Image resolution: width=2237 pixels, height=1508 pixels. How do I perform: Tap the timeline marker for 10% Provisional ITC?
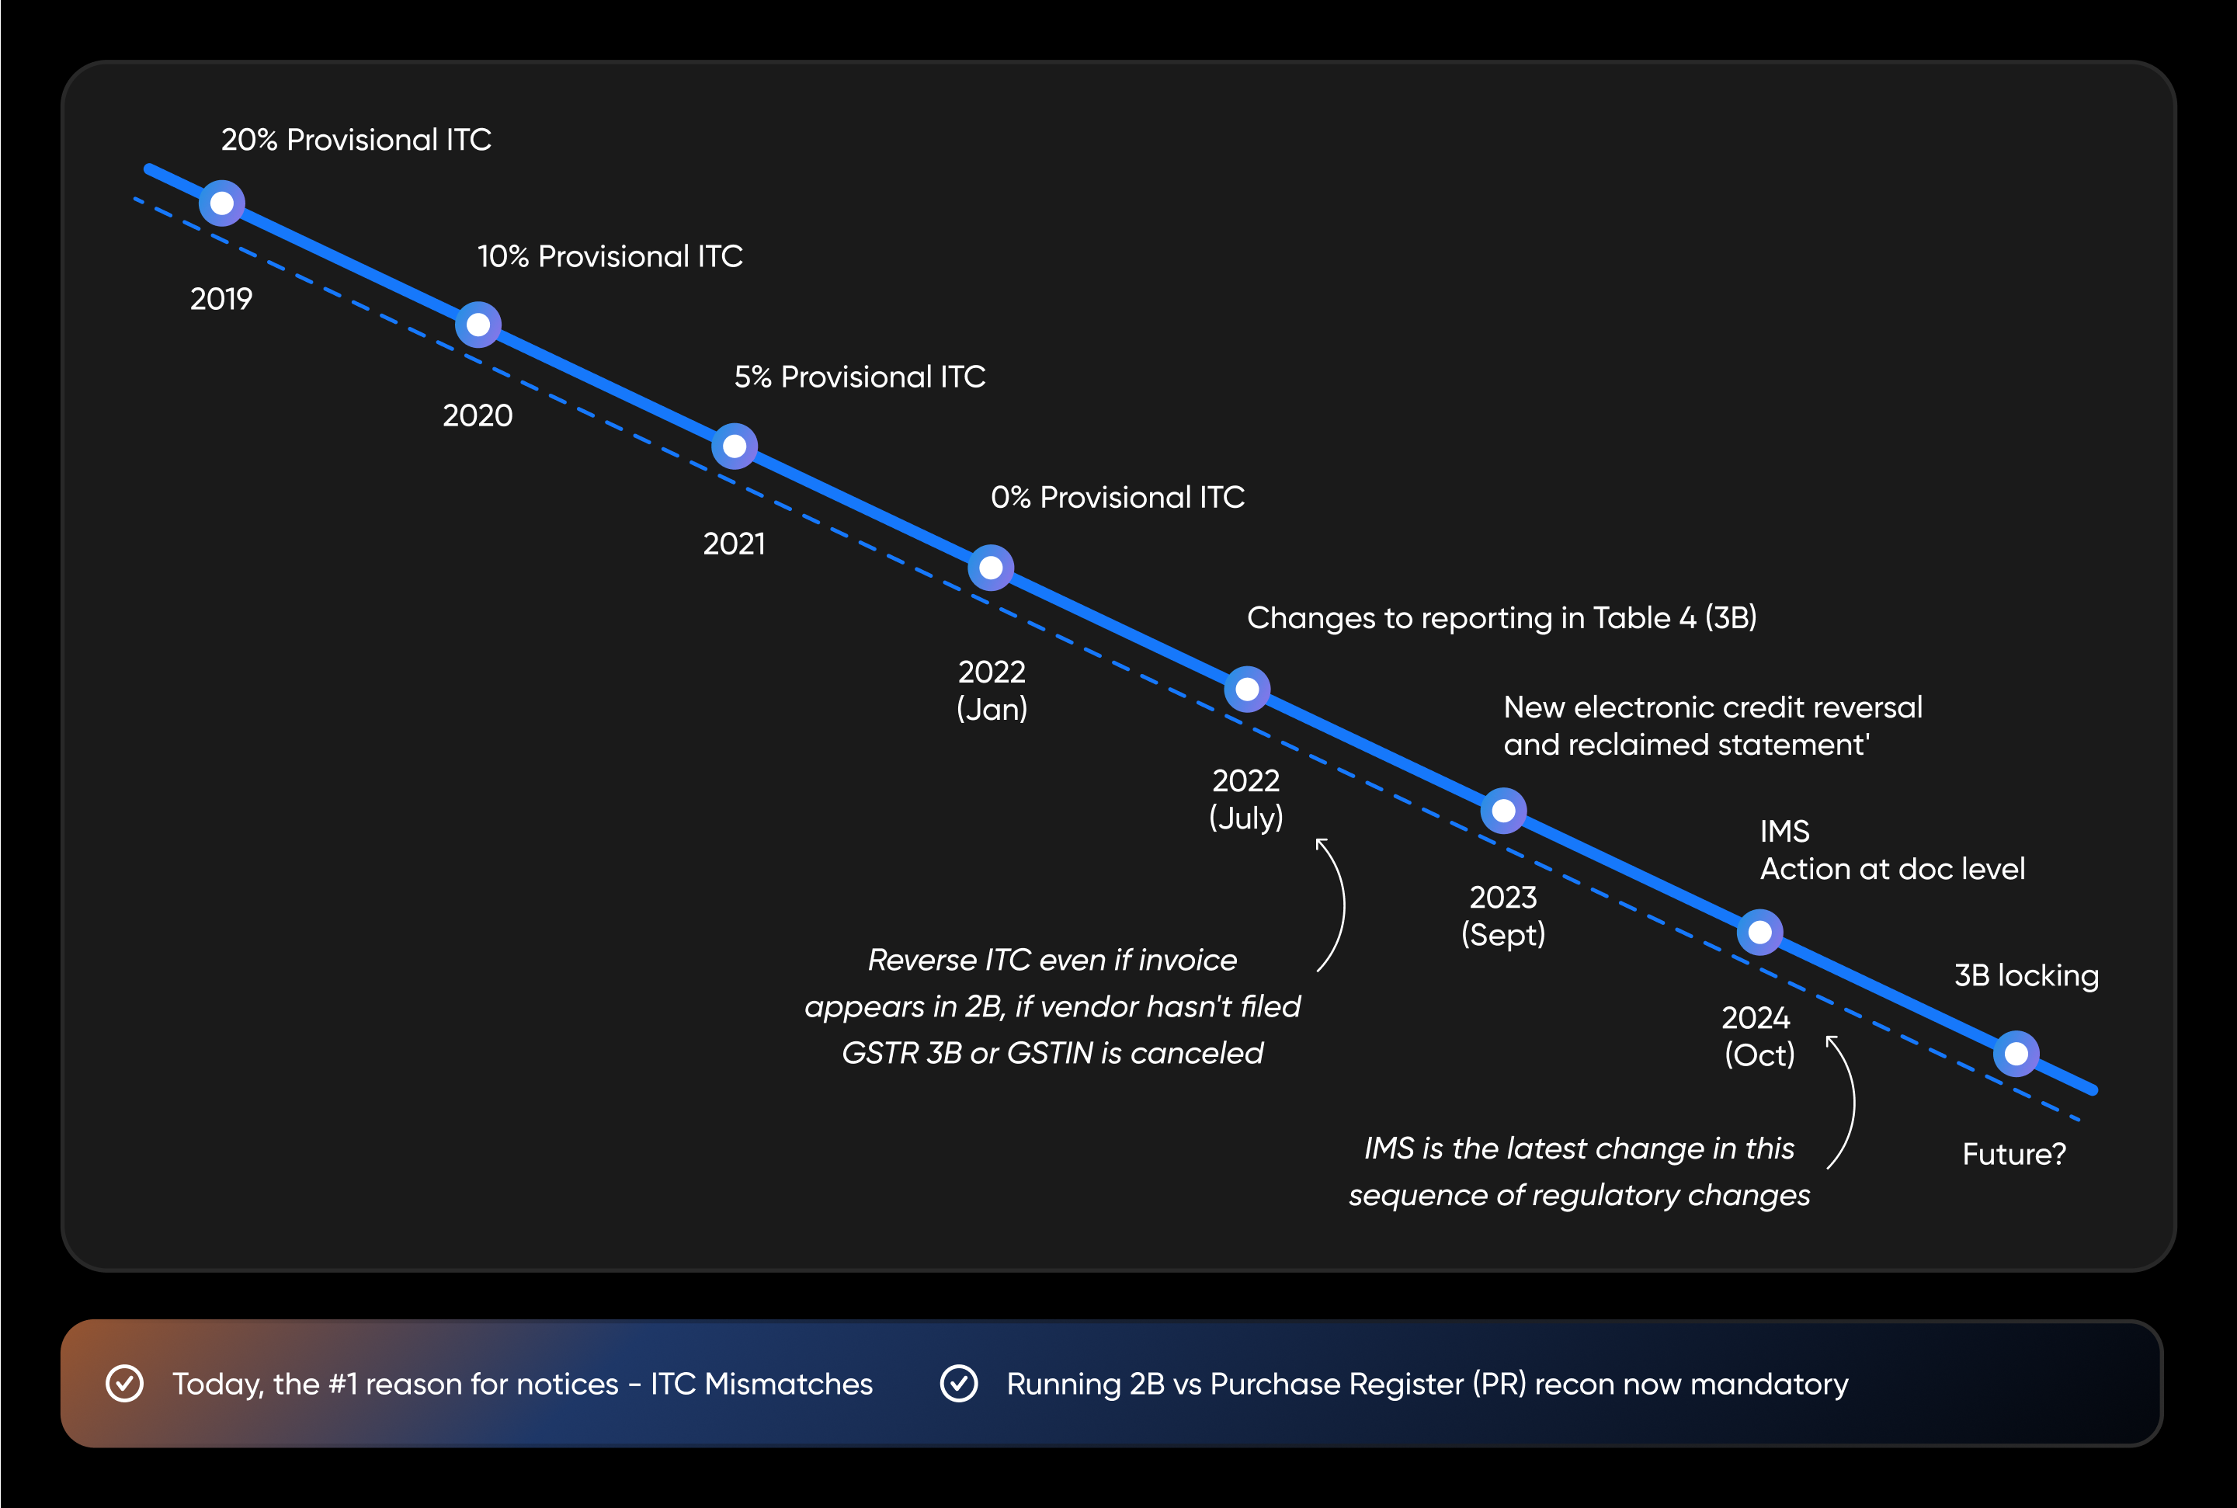tap(478, 325)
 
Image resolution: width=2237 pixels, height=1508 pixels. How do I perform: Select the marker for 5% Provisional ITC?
tap(735, 446)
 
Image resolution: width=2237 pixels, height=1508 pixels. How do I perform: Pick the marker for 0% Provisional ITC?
tap(991, 568)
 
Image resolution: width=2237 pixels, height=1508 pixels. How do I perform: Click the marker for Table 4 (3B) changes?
tap(1247, 690)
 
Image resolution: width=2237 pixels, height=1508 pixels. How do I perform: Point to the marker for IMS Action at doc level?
tap(1760, 932)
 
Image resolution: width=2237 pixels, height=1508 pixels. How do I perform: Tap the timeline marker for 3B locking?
tap(2016, 1054)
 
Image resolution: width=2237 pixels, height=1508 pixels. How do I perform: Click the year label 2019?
tap(221, 299)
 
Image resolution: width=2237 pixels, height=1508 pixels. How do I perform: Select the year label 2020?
tap(478, 415)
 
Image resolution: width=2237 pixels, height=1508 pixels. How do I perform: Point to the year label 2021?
tap(735, 544)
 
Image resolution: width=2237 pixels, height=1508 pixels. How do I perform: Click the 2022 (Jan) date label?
tap(992, 690)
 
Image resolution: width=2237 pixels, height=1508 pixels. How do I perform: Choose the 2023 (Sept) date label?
tap(1503, 916)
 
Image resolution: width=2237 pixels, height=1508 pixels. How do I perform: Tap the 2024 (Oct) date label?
tap(1759, 1036)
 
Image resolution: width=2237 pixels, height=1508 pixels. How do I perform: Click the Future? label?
tap(2014, 1154)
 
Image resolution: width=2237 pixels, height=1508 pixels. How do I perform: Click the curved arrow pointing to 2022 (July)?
tap(1334, 904)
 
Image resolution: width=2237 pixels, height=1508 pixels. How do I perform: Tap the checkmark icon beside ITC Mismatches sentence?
tap(125, 1384)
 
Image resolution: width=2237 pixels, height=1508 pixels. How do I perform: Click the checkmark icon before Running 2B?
tap(959, 1384)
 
